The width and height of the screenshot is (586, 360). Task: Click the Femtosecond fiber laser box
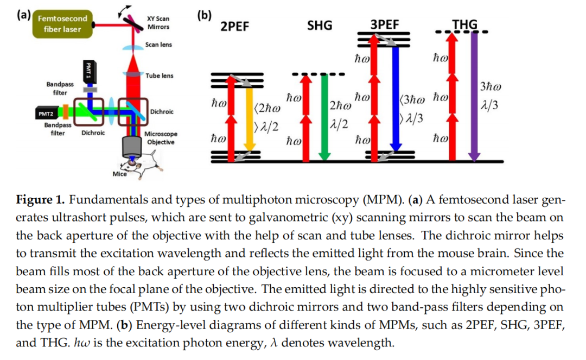click(62, 24)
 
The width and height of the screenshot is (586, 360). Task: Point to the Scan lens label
click(158, 45)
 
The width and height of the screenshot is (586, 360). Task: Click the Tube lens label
click(160, 75)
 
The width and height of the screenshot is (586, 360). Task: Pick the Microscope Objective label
click(161, 138)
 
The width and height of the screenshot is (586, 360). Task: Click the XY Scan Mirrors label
click(158, 23)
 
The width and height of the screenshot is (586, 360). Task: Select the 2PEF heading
click(234, 27)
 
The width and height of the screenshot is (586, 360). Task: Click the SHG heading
click(319, 26)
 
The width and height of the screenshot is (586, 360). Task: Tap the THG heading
click(464, 24)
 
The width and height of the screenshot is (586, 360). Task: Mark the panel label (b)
click(204, 16)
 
